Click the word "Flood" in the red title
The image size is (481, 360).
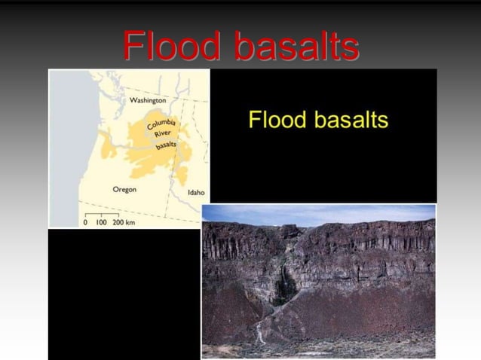point(174,47)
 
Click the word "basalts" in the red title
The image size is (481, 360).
point(296,47)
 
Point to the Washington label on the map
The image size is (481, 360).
point(148,100)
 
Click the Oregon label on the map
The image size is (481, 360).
point(124,189)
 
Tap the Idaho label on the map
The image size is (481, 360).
point(195,192)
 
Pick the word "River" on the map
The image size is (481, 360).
point(163,134)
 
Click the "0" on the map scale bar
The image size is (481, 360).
point(85,224)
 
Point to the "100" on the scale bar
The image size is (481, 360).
point(100,224)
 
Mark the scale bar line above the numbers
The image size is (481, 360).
point(102,216)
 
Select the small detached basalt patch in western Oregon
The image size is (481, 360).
point(108,150)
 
